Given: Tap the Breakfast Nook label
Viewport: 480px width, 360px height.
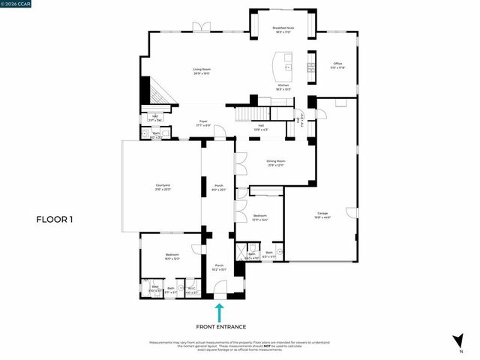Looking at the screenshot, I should click(x=283, y=30).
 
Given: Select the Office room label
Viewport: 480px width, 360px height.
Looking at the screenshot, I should click(x=337, y=66).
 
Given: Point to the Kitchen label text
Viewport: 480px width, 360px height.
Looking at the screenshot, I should click(x=283, y=88).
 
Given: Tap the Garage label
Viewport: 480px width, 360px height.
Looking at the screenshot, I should click(x=322, y=215).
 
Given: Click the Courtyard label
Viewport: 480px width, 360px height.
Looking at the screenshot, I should click(x=163, y=187).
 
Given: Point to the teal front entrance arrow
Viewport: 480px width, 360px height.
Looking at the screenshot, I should click(x=219, y=311).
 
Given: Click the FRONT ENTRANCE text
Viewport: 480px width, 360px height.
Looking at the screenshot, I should click(x=219, y=327).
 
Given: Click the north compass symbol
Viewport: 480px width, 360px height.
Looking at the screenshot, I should click(x=457, y=341).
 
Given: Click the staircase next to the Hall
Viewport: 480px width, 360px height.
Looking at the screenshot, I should click(x=253, y=114).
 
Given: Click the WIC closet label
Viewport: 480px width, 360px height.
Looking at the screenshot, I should click(x=191, y=289).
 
